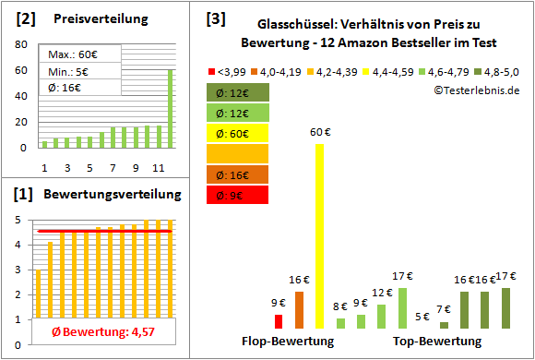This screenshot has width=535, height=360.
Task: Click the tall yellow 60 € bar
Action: click(x=320, y=235)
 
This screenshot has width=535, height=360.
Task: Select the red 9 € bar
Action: click(x=279, y=321)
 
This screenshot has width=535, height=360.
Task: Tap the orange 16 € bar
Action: click(x=299, y=310)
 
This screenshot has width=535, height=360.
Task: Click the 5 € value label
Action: click(x=422, y=317)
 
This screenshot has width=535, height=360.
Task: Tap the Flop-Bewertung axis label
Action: click(x=288, y=342)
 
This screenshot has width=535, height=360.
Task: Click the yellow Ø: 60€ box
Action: click(x=238, y=133)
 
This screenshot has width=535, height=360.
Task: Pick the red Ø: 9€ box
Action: click(x=238, y=195)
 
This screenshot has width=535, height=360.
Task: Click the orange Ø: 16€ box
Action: click(x=238, y=174)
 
